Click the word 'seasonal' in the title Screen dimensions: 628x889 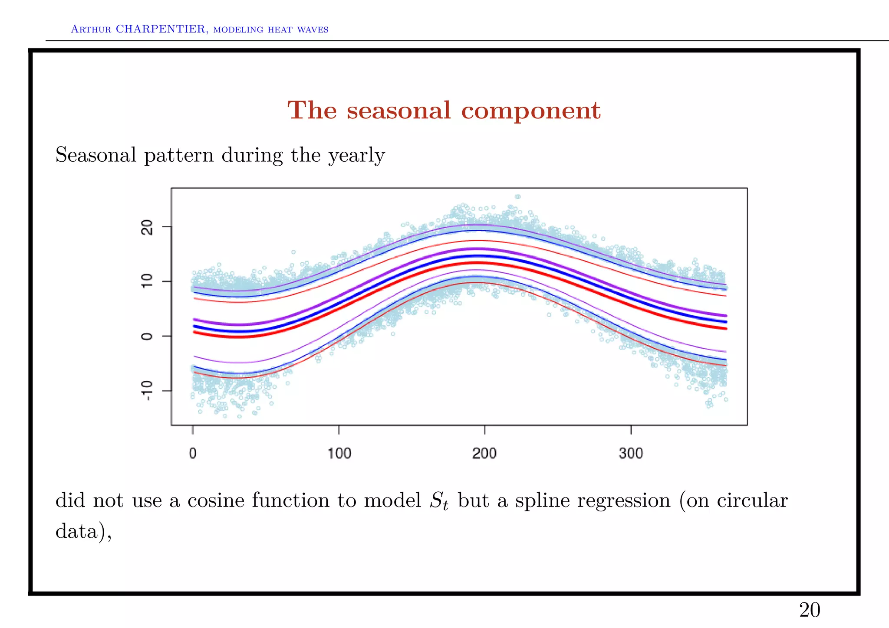(398, 110)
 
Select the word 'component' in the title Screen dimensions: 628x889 (530, 111)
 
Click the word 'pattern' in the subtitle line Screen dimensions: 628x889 (179, 155)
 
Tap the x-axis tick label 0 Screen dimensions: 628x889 (193, 453)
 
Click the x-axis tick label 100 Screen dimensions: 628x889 (339, 453)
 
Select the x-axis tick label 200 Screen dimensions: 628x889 (484, 453)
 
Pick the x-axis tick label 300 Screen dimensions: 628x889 (631, 453)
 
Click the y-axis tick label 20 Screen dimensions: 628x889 (148, 227)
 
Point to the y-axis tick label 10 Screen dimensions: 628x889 (148, 281)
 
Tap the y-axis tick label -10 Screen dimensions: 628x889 (148, 390)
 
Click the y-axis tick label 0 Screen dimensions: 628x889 (148, 336)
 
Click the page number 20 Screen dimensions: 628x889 (810, 610)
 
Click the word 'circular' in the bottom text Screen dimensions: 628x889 (752, 500)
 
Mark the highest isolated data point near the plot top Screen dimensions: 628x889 (517, 197)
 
